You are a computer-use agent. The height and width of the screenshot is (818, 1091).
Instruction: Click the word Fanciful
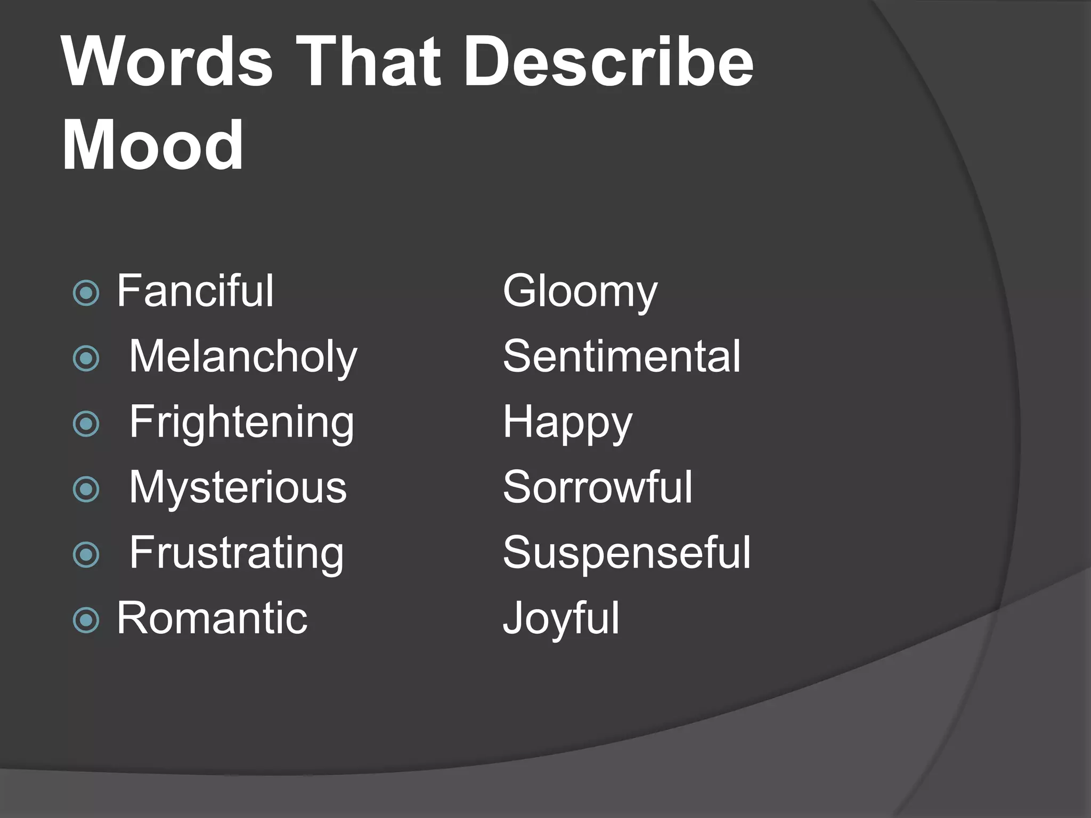(x=195, y=291)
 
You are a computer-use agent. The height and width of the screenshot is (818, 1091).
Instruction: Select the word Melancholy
(x=243, y=357)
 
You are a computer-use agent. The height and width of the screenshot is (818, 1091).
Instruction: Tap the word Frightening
(x=241, y=422)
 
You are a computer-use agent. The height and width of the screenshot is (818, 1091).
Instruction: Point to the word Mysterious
(x=238, y=487)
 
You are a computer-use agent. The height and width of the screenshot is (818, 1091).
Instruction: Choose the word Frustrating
(x=237, y=553)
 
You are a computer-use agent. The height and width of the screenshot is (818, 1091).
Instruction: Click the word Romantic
(x=212, y=618)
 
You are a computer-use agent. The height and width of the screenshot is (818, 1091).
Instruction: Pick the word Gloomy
(x=580, y=292)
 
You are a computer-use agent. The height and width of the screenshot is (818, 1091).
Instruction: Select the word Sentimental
(x=622, y=356)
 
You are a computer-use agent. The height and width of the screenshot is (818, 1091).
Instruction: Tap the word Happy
(x=567, y=423)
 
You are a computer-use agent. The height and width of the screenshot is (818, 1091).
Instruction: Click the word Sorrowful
(x=598, y=487)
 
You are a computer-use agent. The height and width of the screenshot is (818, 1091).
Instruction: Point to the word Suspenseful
(x=626, y=553)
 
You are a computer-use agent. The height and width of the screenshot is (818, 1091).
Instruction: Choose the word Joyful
(x=561, y=619)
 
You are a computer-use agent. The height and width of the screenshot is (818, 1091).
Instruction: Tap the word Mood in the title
(x=153, y=145)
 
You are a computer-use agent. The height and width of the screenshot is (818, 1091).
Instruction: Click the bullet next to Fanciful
(x=86, y=293)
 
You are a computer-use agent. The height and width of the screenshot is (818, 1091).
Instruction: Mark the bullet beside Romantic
(x=86, y=620)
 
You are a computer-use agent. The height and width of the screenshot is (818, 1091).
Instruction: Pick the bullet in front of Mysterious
(x=86, y=489)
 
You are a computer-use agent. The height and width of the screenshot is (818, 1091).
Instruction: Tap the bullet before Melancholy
(x=86, y=358)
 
